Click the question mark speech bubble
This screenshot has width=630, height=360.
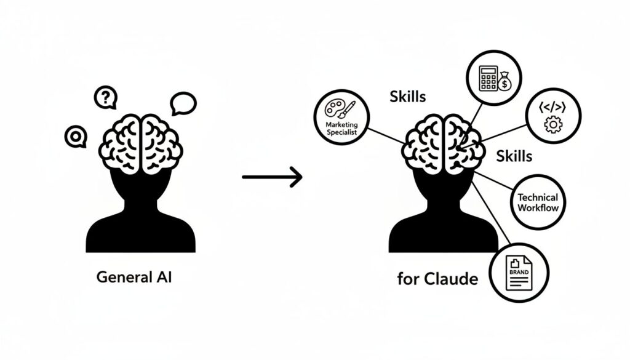pos(106,97)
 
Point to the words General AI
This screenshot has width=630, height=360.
pos(135,277)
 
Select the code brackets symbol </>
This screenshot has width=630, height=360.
pos(552,105)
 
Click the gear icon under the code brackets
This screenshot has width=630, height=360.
pos(553,124)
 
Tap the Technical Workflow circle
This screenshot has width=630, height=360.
pos(537,202)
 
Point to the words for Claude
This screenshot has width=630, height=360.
pos(437,279)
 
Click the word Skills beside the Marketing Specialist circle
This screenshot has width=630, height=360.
pos(408,96)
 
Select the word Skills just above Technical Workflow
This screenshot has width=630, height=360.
pos(514,156)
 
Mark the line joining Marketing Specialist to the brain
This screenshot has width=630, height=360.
pos(386,134)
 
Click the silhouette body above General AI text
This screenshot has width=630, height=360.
pos(142,215)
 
